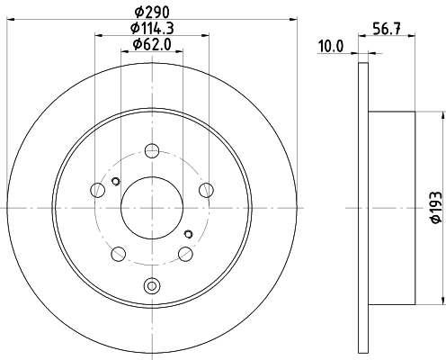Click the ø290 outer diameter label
tap(151, 12)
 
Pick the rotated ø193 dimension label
tap(434, 206)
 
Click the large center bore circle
tap(151, 203)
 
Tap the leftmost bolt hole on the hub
tap(98, 189)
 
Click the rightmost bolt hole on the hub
tap(206, 189)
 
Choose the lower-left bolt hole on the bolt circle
tap(118, 252)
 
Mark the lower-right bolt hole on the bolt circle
tap(185, 252)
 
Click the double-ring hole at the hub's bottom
tap(151, 287)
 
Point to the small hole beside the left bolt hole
tap(114, 184)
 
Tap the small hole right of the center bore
tap(190, 232)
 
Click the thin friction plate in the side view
tap(363, 206)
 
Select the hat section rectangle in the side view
tap(391, 206)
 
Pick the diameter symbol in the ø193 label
tap(434, 220)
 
